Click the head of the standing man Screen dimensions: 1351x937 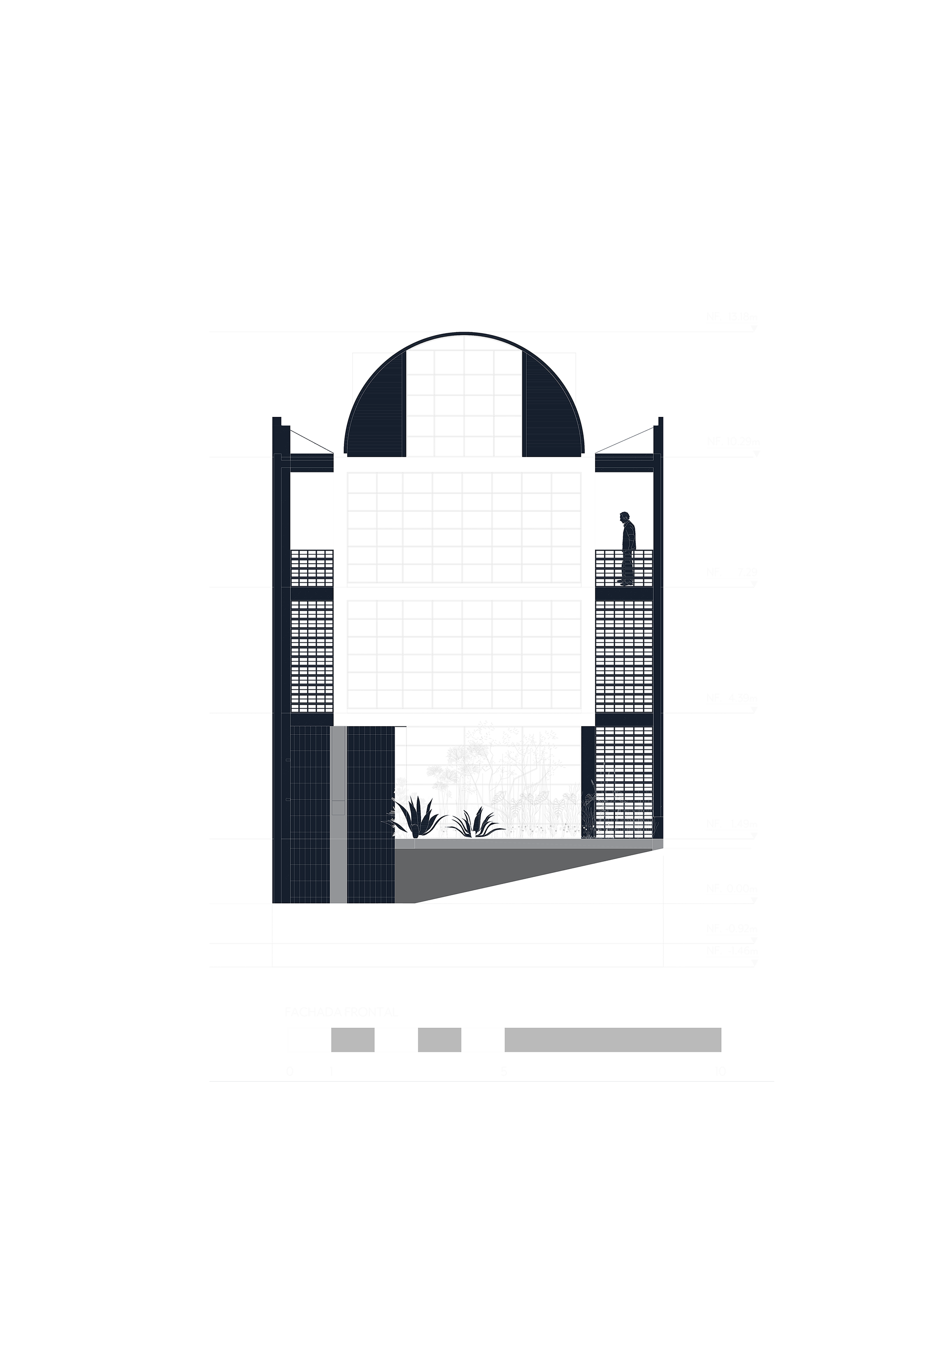(626, 517)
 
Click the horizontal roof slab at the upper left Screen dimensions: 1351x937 (308, 463)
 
